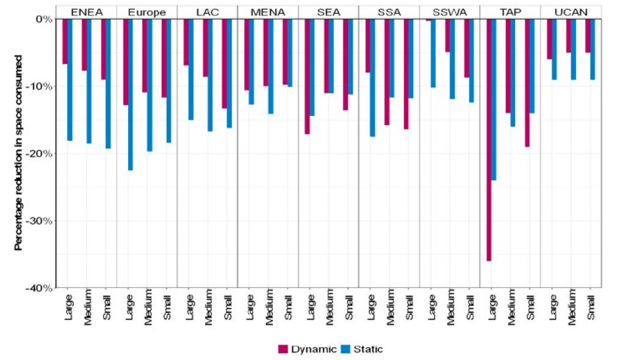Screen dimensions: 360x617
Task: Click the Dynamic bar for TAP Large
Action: click(489, 140)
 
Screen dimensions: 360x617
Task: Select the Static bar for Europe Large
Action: click(130, 95)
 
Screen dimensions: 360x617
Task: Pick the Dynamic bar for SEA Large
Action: click(308, 76)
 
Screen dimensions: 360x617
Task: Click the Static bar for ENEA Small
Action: click(109, 84)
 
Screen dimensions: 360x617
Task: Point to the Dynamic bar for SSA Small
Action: click(406, 74)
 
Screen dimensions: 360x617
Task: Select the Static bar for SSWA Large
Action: click(433, 53)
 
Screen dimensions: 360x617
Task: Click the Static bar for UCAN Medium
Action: click(573, 49)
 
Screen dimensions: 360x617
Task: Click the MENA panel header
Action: click(267, 12)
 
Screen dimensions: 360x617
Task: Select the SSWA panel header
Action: click(449, 12)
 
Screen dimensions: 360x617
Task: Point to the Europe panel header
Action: click(146, 12)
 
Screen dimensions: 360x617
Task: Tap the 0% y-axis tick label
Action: click(43, 19)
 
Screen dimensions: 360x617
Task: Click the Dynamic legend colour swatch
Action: click(283, 349)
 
